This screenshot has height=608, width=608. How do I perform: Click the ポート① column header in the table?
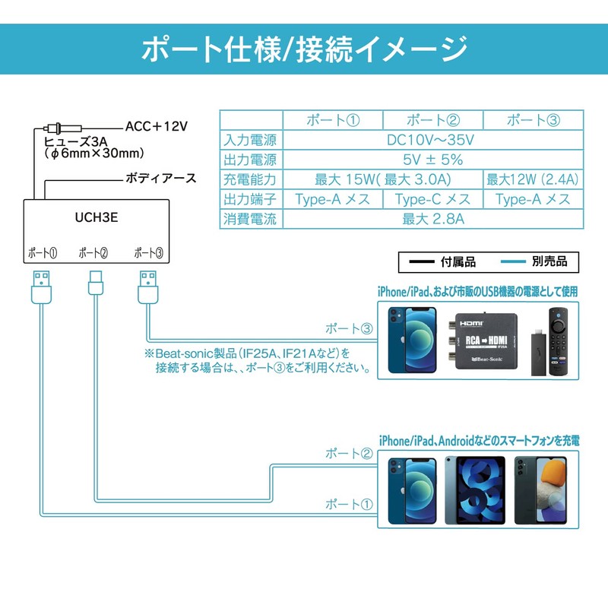pyautogui.click(x=332, y=120)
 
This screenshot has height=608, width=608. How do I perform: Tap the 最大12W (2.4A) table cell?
pyautogui.click(x=532, y=180)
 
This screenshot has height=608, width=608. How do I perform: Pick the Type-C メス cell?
pyautogui.click(x=432, y=200)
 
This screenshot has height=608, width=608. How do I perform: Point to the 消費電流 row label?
pyautogui.click(x=250, y=220)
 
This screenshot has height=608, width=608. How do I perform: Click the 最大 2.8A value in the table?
pyautogui.click(x=432, y=220)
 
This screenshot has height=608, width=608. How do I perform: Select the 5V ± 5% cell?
pyautogui.click(x=432, y=160)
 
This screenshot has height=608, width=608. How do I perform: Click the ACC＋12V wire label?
pyautogui.click(x=156, y=125)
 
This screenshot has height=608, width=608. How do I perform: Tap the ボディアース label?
pyautogui.click(x=160, y=179)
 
